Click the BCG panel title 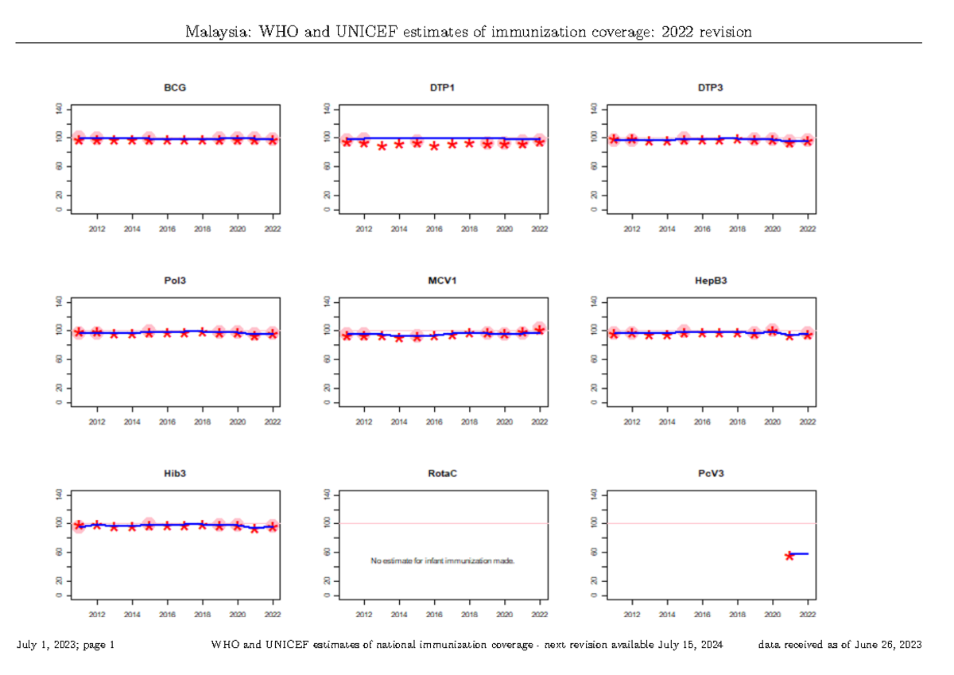tap(175, 87)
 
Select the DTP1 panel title tap(443, 87)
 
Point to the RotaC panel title tap(443, 474)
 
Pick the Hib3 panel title tap(175, 474)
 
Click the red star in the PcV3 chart tap(789, 556)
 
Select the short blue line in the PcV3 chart tap(799, 553)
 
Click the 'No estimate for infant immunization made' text tap(443, 561)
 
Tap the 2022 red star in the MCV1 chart tap(540, 329)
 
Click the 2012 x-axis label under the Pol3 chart tap(97, 421)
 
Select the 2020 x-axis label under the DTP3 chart tap(772, 228)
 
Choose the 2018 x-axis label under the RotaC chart tap(469, 615)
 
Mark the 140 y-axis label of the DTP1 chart tap(328, 108)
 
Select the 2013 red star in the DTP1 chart tap(382, 146)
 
